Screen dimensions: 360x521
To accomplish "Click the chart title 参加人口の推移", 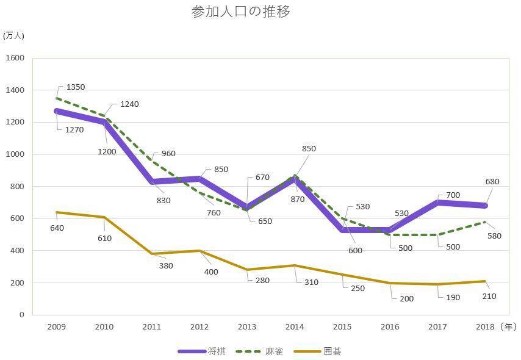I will [x=240, y=12].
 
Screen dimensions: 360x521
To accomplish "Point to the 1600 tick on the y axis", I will [x=15, y=58].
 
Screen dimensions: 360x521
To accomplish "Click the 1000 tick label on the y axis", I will [x=15, y=154].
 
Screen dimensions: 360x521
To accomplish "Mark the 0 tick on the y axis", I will [x=21, y=315].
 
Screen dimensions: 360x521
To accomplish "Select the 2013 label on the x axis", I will [x=247, y=327].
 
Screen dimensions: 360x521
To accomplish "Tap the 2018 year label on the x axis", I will [x=486, y=327].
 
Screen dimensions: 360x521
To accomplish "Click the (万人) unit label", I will [x=13, y=35].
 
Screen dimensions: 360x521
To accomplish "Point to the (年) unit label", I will [x=508, y=327].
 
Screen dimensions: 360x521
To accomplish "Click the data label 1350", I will [x=76, y=87].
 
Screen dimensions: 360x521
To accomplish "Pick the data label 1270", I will [x=74, y=129].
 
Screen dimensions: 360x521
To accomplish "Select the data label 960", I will [x=168, y=154].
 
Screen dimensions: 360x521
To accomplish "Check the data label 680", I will [x=492, y=182].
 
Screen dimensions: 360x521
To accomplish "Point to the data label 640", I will [x=57, y=228].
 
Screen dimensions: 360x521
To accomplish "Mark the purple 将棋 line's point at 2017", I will [x=438, y=202].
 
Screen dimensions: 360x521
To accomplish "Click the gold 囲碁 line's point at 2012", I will [x=199, y=251].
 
